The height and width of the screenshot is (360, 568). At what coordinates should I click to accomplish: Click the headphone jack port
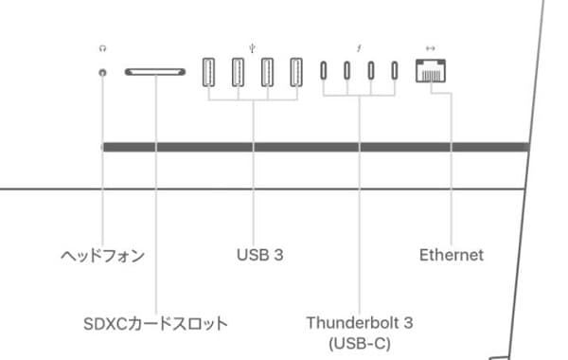(102, 72)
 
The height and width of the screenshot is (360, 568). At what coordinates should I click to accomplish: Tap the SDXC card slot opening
(155, 72)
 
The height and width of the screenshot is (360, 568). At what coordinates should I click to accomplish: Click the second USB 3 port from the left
(239, 72)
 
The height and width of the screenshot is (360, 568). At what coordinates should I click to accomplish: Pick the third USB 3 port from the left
(267, 72)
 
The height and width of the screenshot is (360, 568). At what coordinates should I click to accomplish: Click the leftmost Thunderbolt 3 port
(324, 72)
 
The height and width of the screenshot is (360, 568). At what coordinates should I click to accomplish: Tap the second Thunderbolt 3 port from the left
(347, 72)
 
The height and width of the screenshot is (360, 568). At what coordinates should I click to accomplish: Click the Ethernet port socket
(431, 72)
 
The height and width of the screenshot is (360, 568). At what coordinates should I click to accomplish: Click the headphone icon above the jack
(102, 45)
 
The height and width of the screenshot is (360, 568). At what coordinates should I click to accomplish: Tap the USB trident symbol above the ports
(253, 45)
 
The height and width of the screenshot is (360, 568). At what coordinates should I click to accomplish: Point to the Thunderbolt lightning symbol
(359, 45)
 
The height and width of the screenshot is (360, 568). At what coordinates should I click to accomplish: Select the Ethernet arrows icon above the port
(431, 45)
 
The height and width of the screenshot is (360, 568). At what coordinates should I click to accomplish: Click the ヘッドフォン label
(102, 255)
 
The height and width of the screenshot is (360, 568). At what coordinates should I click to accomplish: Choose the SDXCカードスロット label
(155, 324)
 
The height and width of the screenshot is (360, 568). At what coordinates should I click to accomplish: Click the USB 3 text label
(260, 255)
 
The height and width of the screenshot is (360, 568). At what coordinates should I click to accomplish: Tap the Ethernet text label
(451, 255)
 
